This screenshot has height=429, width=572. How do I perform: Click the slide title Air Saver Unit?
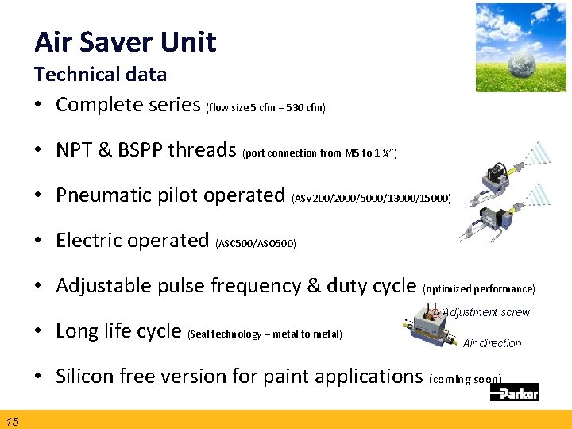coord(125,41)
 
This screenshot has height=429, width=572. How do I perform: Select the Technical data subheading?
coord(100,75)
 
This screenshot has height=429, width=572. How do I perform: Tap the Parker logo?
coord(514,391)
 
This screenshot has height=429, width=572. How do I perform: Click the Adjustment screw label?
coord(485,312)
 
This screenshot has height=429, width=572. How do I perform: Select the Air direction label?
coord(492,343)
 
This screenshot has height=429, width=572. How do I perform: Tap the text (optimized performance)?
coord(479,288)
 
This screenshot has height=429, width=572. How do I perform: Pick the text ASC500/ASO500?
coord(256,243)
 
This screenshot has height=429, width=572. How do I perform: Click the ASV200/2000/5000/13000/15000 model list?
coord(372,198)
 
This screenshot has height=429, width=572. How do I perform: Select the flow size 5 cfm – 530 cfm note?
coord(265,107)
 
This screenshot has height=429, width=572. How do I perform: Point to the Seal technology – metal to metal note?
coord(265,334)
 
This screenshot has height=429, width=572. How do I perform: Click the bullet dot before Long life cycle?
coord(39,331)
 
